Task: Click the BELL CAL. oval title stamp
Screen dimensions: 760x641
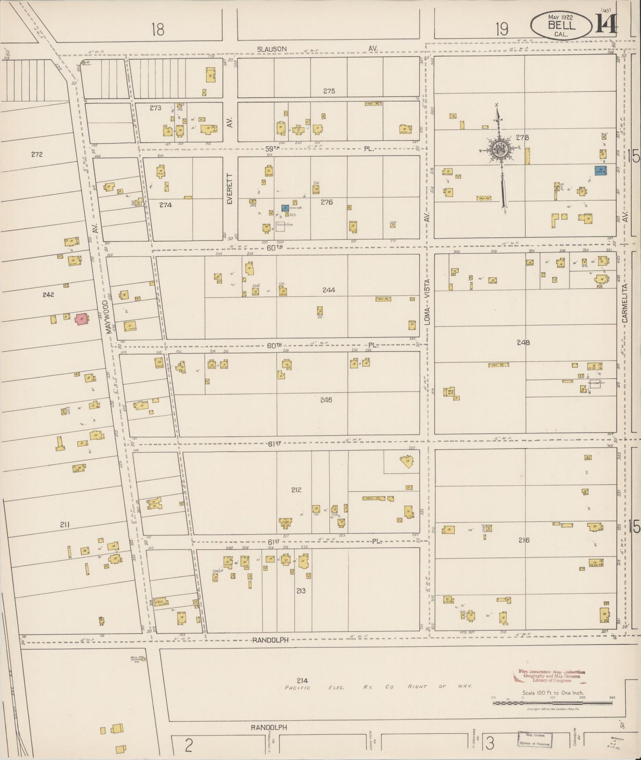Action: [x=561, y=25]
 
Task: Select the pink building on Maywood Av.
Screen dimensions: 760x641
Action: [x=81, y=319]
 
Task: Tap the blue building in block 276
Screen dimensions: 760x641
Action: [x=284, y=208]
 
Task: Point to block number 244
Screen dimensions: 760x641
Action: [x=329, y=290]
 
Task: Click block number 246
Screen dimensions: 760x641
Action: [x=326, y=400]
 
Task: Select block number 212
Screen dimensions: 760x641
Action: [x=296, y=490]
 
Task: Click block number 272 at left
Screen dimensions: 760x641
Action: [x=37, y=154]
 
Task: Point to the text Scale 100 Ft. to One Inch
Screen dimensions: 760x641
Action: [x=552, y=693]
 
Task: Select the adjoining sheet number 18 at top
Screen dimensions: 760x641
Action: [x=157, y=30]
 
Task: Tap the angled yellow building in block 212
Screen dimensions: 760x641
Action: [x=407, y=462]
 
